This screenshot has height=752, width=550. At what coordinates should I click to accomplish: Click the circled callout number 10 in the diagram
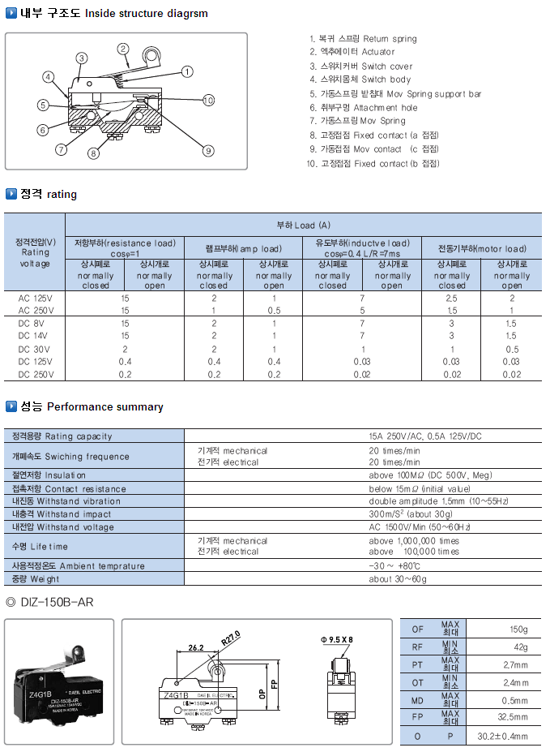coord(208,100)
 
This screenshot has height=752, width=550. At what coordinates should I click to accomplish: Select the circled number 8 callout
coord(93,153)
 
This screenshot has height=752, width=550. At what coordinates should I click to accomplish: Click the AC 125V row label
coord(36,298)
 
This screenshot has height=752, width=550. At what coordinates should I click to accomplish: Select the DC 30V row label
coord(36,348)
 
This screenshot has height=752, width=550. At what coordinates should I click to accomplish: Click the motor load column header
coord(482,248)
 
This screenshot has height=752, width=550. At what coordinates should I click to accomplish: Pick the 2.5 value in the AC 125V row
coord(452,298)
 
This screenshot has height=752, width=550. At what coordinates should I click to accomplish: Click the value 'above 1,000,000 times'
coord(414,540)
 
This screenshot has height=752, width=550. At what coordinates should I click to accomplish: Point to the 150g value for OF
coord(518,630)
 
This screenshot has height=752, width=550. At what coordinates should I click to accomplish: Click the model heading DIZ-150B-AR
coord(56,601)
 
